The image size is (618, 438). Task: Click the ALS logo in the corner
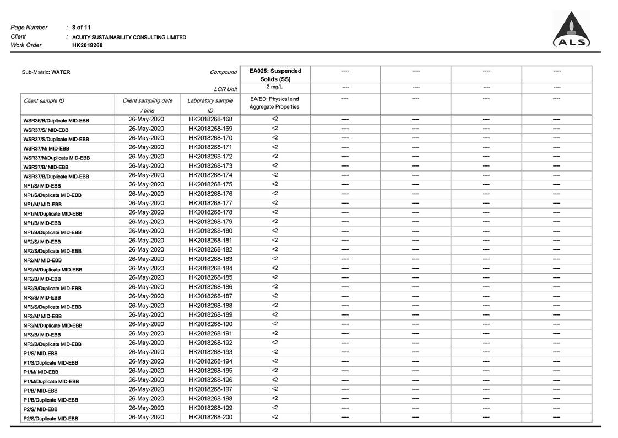571,30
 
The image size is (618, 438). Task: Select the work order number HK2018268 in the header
87,45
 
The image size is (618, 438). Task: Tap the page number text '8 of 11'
82,27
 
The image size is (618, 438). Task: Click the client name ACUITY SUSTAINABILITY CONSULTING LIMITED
129,37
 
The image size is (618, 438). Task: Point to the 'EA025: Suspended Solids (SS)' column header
275,74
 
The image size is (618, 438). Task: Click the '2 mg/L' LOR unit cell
275,87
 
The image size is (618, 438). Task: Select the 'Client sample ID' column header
44,101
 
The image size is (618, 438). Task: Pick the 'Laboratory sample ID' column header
210,105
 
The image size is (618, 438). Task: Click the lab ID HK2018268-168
210,119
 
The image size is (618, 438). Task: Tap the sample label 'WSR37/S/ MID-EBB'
46,130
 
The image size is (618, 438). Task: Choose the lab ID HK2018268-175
210,184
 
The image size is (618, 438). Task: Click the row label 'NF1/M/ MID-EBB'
42,205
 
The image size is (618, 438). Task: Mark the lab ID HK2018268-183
210,259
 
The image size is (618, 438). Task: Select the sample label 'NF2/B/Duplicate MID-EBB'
52,289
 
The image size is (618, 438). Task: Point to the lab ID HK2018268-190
210,324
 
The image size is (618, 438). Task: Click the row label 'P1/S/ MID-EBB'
40,354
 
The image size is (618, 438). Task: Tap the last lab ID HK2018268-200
210,417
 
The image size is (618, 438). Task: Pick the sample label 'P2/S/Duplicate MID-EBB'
51,419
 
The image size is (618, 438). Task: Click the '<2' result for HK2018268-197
275,389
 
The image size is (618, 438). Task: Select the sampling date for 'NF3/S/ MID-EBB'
147,296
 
